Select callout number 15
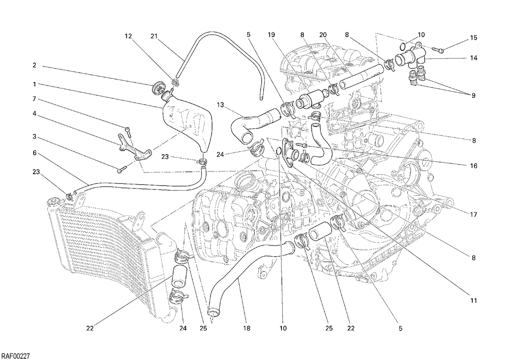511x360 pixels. [x=474, y=37]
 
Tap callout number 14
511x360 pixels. [x=474, y=58]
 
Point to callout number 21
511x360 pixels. [x=154, y=36]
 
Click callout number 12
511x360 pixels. [x=128, y=36]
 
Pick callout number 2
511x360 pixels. [x=34, y=65]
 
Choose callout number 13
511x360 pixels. [x=221, y=105]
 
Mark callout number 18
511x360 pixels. [x=247, y=329]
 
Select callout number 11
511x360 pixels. [x=474, y=301]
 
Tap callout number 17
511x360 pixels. [x=474, y=214]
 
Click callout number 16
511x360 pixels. [x=474, y=166]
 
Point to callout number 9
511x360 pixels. [x=474, y=95]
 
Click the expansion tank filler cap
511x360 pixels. [x=157, y=88]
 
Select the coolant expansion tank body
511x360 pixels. [x=187, y=124]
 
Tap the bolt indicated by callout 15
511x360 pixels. [x=438, y=50]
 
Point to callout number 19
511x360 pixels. [x=271, y=34]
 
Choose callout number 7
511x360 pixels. [x=34, y=99]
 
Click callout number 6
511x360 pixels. [x=34, y=153]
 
